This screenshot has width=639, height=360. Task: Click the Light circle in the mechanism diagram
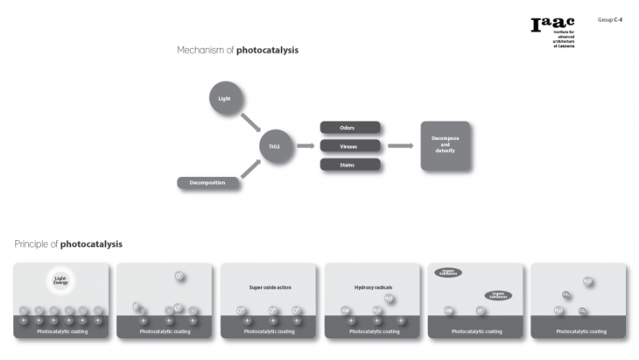(222, 98)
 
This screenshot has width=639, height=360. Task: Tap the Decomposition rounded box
(208, 183)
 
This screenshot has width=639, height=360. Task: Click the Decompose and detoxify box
(446, 145)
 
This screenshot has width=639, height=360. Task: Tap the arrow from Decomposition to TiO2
(249, 169)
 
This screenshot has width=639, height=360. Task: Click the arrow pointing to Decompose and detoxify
(400, 145)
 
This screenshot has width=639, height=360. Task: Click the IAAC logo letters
(547, 25)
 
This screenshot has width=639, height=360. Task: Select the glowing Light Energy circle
(60, 280)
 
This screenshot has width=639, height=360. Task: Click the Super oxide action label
(267, 286)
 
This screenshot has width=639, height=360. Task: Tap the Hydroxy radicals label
(372, 286)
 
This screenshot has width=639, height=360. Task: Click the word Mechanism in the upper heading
(200, 51)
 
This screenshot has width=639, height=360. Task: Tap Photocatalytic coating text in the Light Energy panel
(60, 332)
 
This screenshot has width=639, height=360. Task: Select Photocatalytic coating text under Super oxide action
(268, 332)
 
